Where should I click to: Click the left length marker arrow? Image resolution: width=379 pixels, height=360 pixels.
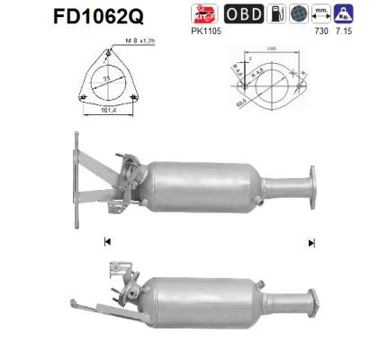click(107, 242)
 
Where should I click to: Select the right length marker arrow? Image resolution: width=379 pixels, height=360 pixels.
click(311, 242)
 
